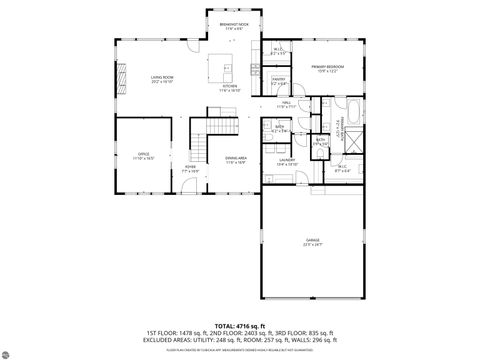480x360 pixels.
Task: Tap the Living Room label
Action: pyautogui.click(x=163, y=78)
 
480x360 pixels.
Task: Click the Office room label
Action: pyautogui.click(x=144, y=155)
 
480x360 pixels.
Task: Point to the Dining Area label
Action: pyautogui.click(x=235, y=160)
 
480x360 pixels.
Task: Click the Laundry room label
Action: pyautogui.click(x=287, y=164)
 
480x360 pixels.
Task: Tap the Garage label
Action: pyautogui.click(x=312, y=242)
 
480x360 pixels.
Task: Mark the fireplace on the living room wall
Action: pyautogui.click(x=123, y=78)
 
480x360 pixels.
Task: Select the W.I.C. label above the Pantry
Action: pyautogui.click(x=277, y=51)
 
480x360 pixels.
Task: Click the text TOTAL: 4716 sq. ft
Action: pyautogui.click(x=239, y=326)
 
